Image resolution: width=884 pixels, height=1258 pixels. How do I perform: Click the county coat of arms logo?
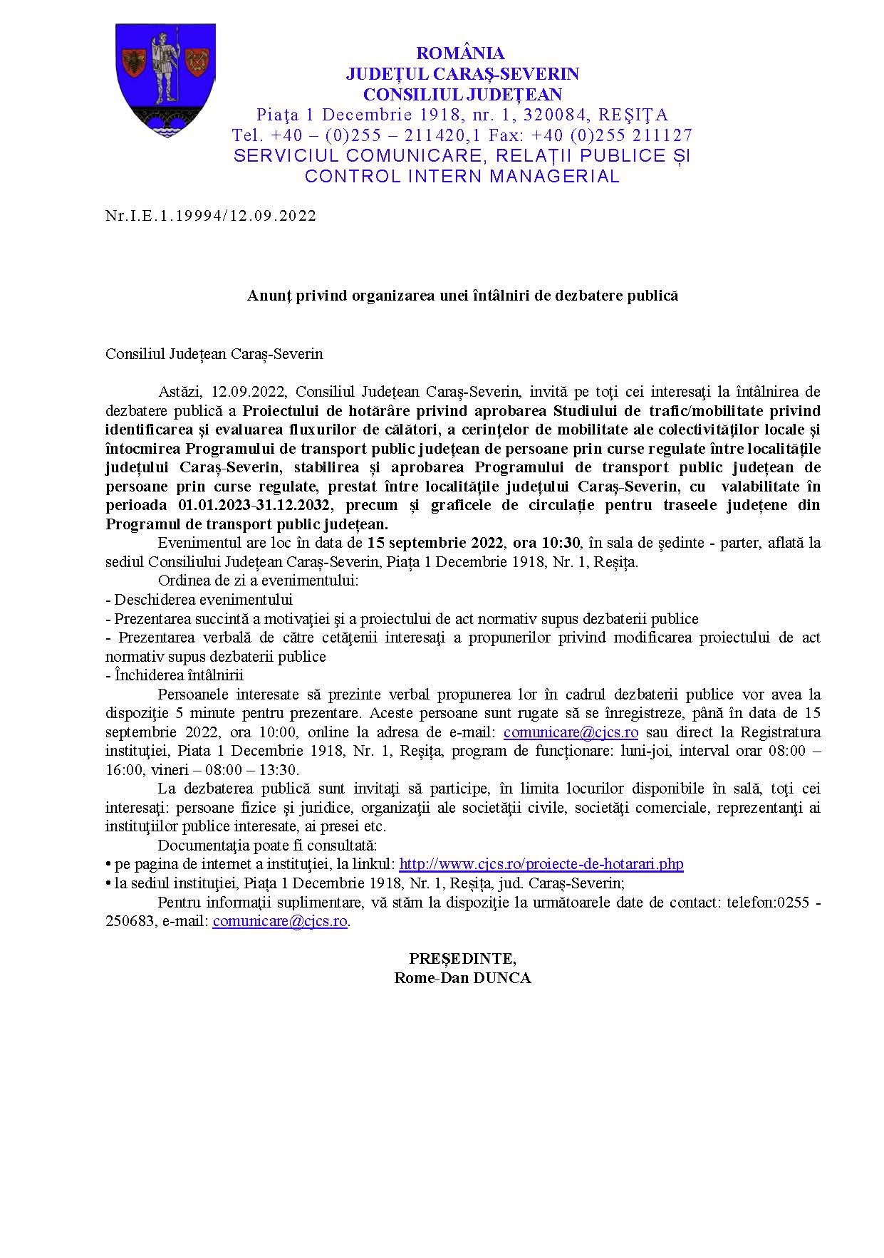[165, 80]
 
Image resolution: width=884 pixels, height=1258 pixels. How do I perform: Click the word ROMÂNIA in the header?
[461, 53]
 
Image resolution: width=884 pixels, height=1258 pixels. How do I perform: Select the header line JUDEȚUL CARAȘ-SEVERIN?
[462, 74]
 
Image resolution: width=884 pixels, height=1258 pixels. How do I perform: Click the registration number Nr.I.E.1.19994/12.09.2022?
[211, 216]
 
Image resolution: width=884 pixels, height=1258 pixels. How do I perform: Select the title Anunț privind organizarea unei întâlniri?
[462, 296]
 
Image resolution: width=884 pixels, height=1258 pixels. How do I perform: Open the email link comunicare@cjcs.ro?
[570, 732]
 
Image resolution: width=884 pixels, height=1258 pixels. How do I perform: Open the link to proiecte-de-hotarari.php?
[541, 864]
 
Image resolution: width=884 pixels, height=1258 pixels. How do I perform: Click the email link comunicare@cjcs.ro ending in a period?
[280, 921]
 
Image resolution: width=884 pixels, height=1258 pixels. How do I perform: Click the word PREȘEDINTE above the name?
[462, 959]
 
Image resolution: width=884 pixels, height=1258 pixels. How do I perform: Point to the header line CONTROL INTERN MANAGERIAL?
[462, 177]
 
